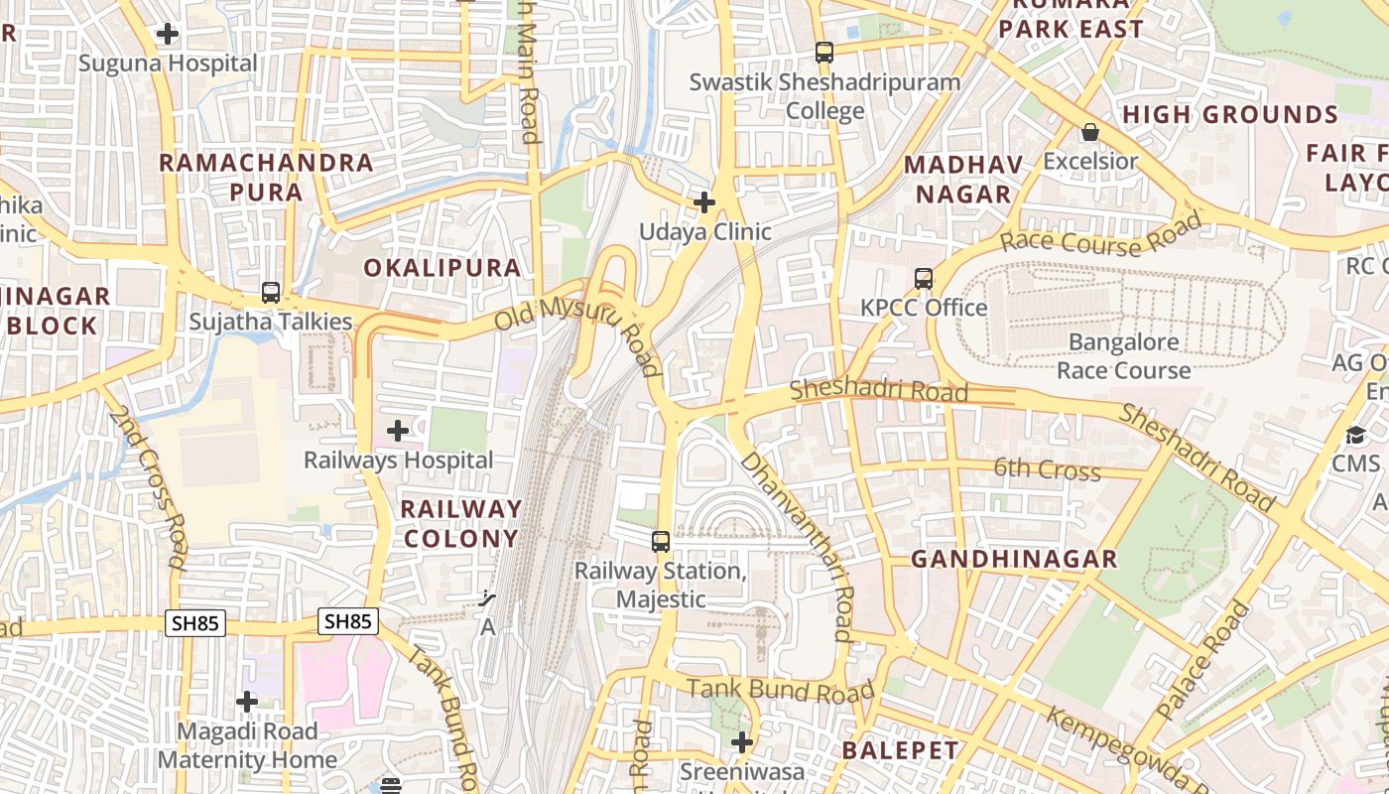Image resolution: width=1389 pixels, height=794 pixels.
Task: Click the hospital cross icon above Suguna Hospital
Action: tap(168, 34)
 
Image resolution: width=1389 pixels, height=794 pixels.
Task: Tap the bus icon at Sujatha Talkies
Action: tap(271, 293)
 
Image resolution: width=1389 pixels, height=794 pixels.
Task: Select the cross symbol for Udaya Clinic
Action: tap(704, 202)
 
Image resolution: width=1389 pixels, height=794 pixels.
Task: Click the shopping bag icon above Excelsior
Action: tap(1090, 132)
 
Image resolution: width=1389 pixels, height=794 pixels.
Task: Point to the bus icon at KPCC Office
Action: tap(924, 279)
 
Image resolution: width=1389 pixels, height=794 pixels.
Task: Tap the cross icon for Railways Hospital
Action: tap(398, 431)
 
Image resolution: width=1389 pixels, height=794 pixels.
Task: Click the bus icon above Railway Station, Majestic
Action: tap(661, 542)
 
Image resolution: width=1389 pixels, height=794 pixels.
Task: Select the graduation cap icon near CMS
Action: tap(1355, 436)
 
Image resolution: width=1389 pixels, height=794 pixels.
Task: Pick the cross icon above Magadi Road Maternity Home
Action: tap(247, 703)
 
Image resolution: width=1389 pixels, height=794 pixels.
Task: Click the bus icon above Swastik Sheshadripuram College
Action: tap(824, 53)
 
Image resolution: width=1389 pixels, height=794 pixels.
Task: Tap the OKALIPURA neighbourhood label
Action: tap(442, 268)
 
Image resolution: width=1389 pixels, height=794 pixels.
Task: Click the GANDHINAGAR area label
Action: tap(1014, 560)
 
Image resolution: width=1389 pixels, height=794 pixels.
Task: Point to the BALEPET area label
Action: tap(901, 750)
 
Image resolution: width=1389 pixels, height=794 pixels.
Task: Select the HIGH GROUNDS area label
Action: tap(1230, 115)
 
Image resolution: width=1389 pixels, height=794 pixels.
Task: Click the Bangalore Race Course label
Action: tap(1123, 356)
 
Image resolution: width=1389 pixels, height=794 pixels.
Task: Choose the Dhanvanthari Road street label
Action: tap(797, 545)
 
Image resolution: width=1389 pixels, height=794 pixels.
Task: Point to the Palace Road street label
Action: tap(1204, 660)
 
